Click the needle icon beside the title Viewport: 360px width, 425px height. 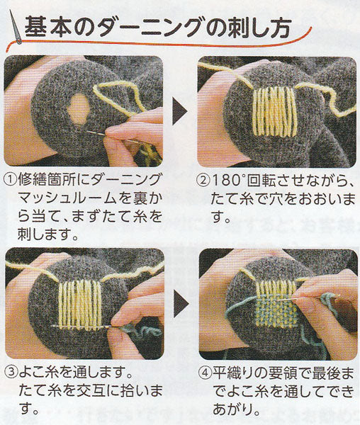click(16, 27)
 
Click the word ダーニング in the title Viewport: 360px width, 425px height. click(151, 27)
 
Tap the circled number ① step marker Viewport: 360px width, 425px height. click(11, 180)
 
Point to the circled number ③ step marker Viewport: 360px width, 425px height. click(11, 373)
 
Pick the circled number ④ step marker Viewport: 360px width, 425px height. click(205, 373)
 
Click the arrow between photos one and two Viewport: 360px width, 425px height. click(179, 110)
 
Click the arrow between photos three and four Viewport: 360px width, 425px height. click(181, 304)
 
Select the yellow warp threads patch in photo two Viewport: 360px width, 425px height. click(274, 111)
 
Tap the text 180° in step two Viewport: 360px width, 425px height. click(228, 180)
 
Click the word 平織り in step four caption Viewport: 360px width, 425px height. click(232, 373)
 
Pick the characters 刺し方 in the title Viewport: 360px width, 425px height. click(260, 27)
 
